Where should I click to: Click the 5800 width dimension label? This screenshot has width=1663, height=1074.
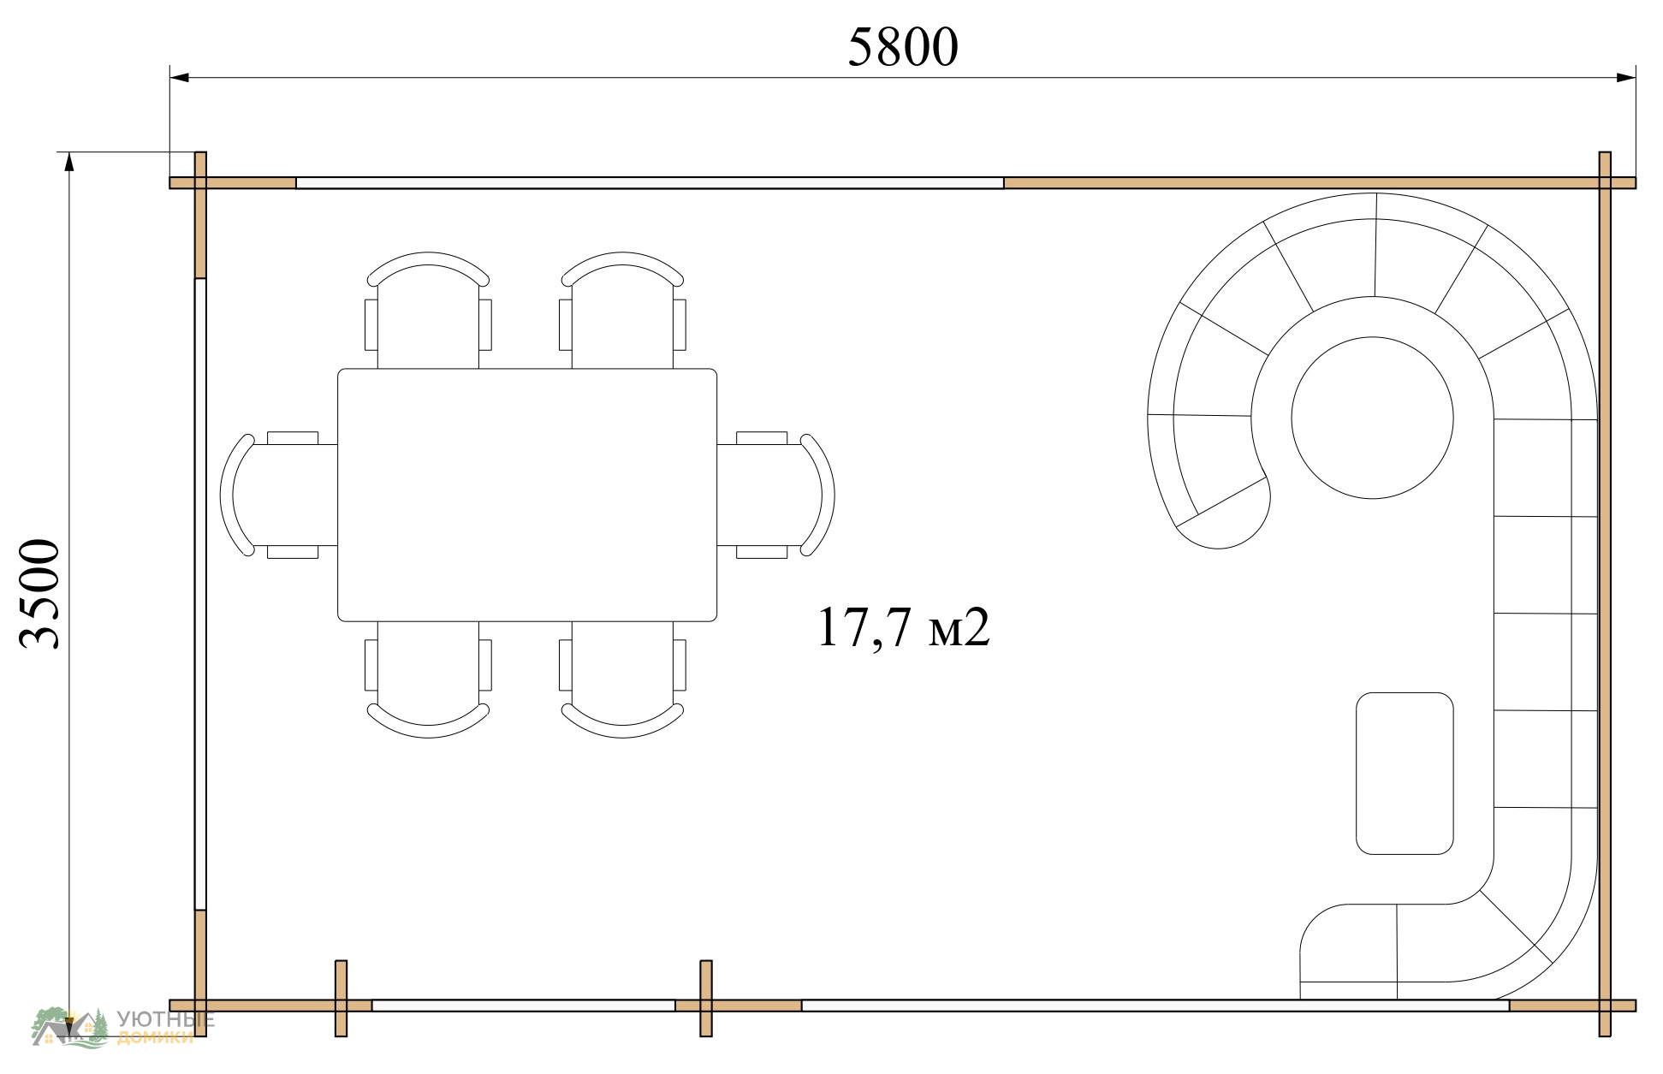(x=903, y=48)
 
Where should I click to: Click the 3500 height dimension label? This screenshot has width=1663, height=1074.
(x=40, y=594)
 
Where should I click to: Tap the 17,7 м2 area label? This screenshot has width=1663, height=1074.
(x=904, y=627)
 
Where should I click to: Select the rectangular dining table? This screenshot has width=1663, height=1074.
(x=527, y=495)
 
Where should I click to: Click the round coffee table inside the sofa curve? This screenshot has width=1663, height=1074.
(x=1372, y=418)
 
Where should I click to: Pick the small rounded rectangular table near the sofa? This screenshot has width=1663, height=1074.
(x=1405, y=774)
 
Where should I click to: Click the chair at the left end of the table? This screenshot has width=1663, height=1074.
(x=279, y=495)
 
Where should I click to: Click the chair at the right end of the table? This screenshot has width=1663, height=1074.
(x=775, y=495)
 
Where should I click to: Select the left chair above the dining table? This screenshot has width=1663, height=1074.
(x=428, y=310)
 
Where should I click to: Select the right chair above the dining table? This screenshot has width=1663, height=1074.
(x=622, y=310)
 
